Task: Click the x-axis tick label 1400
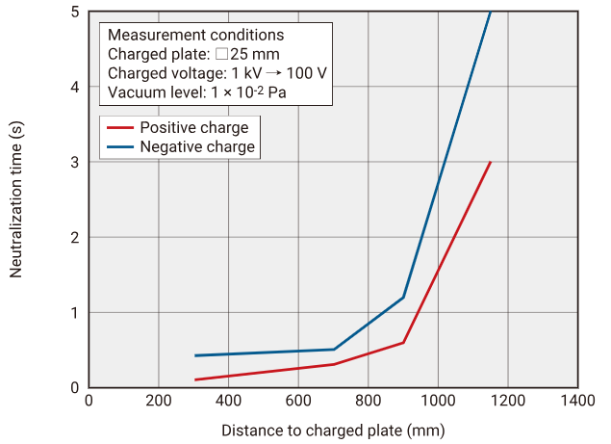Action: pos(577,400)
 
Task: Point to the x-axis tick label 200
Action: pos(159,400)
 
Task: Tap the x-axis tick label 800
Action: pos(369,400)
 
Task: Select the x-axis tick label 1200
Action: pos(508,400)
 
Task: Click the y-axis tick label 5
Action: pos(75,12)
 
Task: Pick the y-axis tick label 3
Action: pos(75,162)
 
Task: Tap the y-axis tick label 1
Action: pos(75,312)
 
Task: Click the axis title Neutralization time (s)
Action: pos(16,199)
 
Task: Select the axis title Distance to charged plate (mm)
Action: pos(333,430)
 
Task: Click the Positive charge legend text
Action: pos(193,128)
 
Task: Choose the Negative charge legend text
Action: pos(197,147)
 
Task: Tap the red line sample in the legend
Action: pos(118,128)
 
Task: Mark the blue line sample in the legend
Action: pos(118,147)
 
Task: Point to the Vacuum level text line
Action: pos(197,92)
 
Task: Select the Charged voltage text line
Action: pos(217,73)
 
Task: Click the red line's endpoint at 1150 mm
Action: pos(491,162)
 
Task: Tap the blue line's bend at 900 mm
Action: pos(403,297)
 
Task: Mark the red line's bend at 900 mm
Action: pos(403,342)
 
